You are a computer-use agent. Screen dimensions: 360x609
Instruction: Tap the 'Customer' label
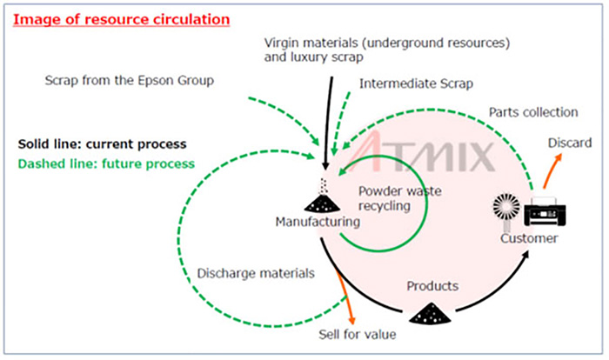[x=528, y=238]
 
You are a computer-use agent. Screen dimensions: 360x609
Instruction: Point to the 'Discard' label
[x=569, y=143]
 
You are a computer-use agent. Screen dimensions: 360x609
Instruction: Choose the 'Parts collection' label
[x=532, y=112]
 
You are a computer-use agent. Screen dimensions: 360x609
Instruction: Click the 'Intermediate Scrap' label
[x=416, y=84]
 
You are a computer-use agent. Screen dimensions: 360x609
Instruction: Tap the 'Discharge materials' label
[x=255, y=273]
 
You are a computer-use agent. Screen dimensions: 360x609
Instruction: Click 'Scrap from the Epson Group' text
[x=129, y=81]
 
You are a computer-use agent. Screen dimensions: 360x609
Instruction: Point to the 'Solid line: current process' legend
[x=102, y=143]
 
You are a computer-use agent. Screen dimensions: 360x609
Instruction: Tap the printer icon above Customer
[x=545, y=210]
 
